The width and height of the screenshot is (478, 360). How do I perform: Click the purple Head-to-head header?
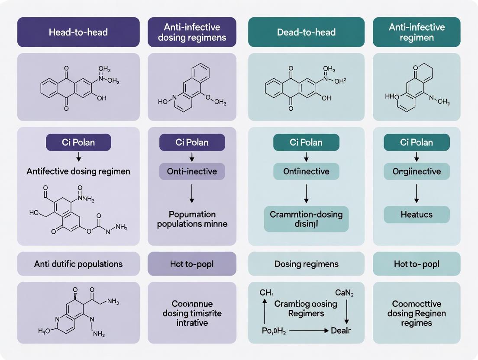point(78,32)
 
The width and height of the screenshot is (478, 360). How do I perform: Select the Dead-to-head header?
point(306,32)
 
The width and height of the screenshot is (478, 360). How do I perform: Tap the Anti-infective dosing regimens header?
point(192,32)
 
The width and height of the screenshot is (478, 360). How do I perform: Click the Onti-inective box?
point(192,171)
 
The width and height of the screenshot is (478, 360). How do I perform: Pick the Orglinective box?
point(417,171)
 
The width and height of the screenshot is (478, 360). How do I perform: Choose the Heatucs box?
point(417,214)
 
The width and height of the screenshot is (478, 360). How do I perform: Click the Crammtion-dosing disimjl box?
point(306,219)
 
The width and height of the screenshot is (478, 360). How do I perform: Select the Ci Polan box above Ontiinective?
point(306,142)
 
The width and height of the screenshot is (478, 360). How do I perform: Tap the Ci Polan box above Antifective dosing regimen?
point(78,142)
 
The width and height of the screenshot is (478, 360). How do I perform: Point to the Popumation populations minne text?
point(192,219)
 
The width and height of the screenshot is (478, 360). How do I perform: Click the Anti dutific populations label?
point(78,264)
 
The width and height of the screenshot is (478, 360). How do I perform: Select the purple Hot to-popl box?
point(192,264)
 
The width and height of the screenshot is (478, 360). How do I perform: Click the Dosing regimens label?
point(306,264)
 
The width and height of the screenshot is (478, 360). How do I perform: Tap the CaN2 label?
point(344,293)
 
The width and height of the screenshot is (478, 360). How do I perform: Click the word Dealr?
point(341,331)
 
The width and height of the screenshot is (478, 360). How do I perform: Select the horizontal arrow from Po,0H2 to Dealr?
point(308,331)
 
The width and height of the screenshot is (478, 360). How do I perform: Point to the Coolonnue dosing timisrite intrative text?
point(192,313)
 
